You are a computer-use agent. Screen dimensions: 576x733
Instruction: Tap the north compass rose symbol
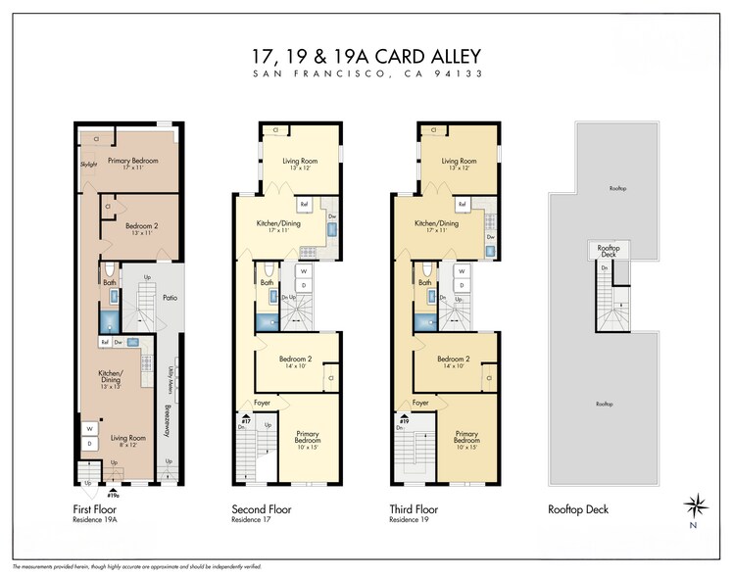click(x=697, y=506)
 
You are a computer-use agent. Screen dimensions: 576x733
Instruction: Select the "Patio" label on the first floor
click(x=168, y=297)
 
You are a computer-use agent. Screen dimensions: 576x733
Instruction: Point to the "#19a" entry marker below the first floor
click(x=114, y=498)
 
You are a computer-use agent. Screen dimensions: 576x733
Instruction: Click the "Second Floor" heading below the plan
click(x=261, y=509)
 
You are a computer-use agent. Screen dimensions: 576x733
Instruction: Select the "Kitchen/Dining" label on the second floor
click(x=278, y=224)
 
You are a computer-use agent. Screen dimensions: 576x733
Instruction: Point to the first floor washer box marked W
click(x=90, y=428)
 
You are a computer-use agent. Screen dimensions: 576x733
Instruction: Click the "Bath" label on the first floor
click(x=110, y=282)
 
